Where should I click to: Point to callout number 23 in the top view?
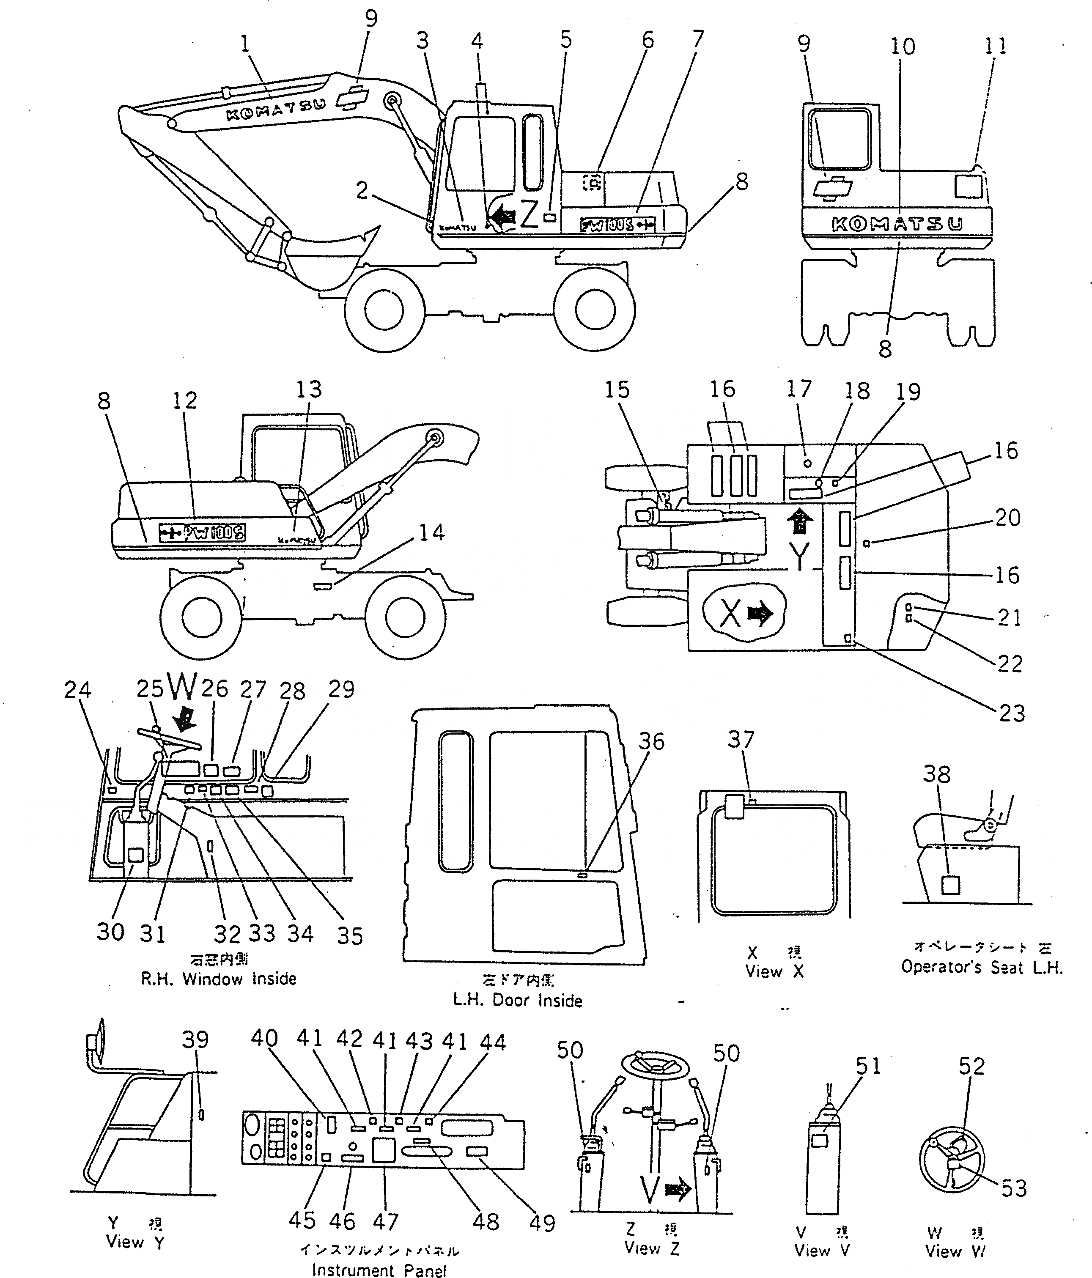[x=1011, y=713]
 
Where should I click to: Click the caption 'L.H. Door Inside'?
[x=517, y=1000]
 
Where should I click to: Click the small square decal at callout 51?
[x=819, y=1141]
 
